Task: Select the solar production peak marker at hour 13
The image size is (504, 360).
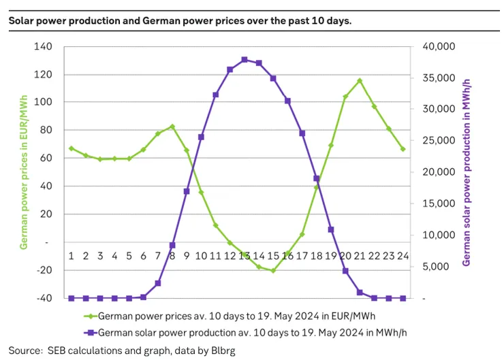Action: tap(244, 60)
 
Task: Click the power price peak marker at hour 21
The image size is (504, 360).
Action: tap(360, 81)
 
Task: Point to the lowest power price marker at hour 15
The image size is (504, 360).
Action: tap(273, 270)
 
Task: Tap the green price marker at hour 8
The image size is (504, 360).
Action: tap(172, 127)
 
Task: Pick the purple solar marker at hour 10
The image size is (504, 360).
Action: tap(201, 137)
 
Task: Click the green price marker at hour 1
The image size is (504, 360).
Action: tap(72, 148)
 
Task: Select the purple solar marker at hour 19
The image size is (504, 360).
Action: tap(331, 229)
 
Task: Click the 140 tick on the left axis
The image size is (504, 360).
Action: tap(43, 47)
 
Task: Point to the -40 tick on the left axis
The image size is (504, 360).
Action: tap(43, 298)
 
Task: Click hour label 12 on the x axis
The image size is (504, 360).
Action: tap(230, 256)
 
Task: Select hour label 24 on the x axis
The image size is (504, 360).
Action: tap(403, 256)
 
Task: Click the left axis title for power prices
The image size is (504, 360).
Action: tap(23, 173)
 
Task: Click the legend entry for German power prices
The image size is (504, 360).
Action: tap(236, 316)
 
